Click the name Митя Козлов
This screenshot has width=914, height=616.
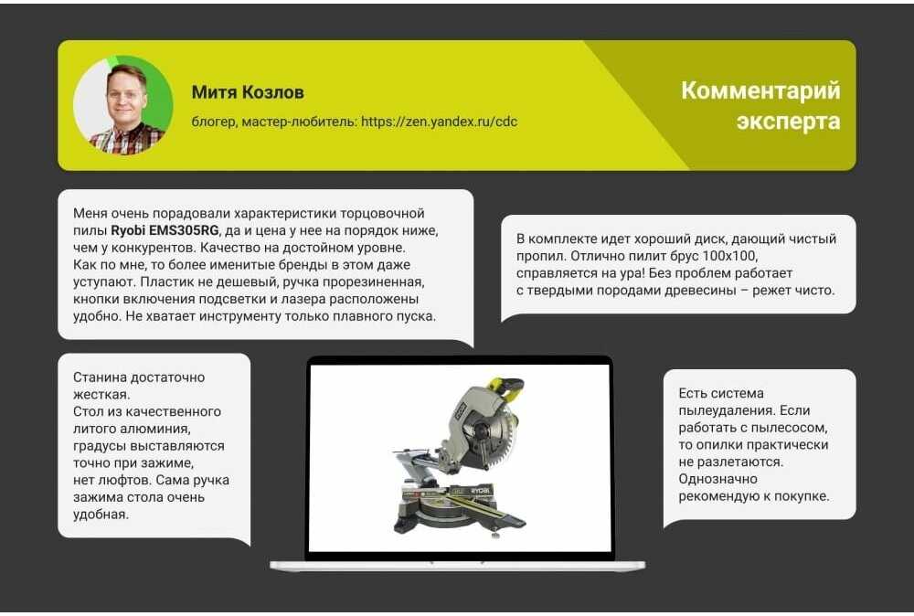tap(248, 92)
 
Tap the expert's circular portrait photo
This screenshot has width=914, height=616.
tap(123, 105)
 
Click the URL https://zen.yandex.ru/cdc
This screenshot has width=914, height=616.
tap(439, 122)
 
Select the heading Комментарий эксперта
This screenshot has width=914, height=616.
tap(760, 105)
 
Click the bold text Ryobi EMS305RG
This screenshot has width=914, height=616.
tap(165, 230)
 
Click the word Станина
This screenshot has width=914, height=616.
tap(99, 377)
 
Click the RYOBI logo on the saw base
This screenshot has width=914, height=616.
tap(481, 492)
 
